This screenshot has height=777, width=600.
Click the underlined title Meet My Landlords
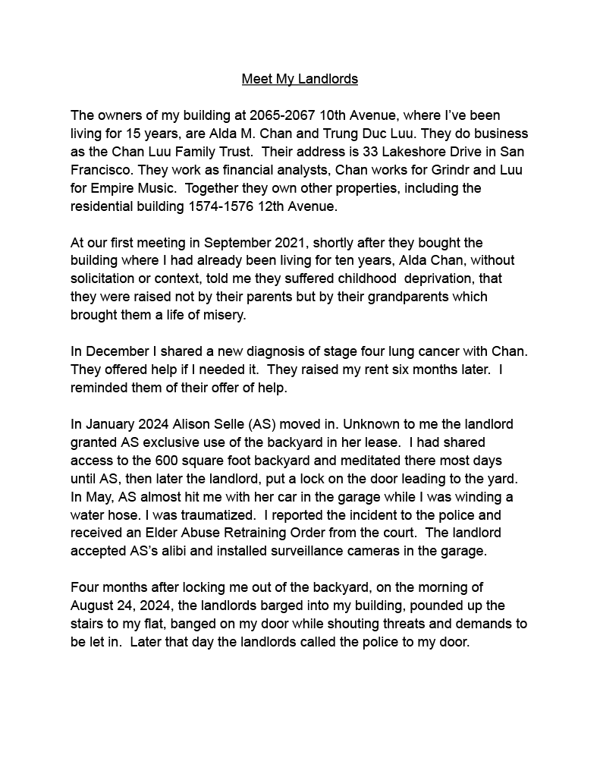(x=300, y=79)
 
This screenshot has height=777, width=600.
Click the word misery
(x=223, y=315)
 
